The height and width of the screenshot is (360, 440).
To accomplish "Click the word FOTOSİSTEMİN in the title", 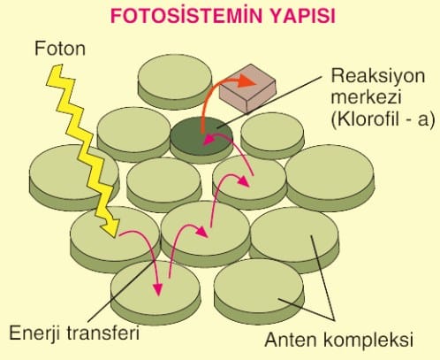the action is point(186,16).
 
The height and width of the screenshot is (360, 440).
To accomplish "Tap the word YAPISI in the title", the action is point(303,16).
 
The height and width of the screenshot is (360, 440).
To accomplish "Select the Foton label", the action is point(60,49).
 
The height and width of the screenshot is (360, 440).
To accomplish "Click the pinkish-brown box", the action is point(247,88).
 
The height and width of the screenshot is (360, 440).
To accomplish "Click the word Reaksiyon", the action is point(378,77).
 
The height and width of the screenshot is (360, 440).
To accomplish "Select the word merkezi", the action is point(366,96).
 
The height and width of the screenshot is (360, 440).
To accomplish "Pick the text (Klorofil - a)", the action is point(383,119).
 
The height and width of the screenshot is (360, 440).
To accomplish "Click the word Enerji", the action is point(34,333).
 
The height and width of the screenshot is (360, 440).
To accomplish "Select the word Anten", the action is point(291,340).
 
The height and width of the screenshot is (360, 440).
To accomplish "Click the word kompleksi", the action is point(368,341).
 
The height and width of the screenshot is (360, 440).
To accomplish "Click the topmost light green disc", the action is point(175,81).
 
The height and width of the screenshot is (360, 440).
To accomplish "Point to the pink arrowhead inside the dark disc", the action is point(209,140).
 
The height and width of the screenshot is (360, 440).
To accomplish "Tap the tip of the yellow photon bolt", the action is point(115,236).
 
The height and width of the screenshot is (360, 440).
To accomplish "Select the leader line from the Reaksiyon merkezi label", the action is point(269,103).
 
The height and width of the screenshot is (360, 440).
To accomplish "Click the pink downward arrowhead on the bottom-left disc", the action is point(158,289).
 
